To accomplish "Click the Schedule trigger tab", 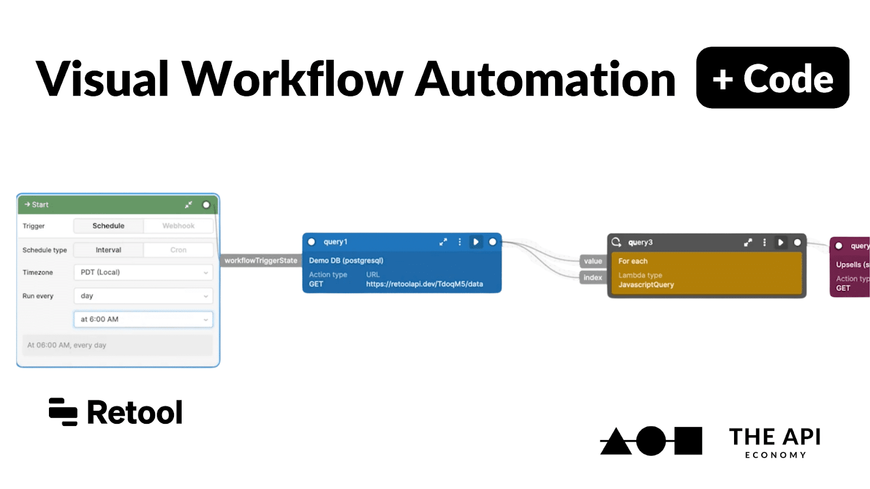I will coord(108,225).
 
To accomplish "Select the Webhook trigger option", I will coord(178,225).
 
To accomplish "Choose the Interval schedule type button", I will coord(108,250).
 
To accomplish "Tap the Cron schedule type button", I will coord(178,250).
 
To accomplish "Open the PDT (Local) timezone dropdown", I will coord(143,272).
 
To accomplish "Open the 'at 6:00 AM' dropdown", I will coord(143,319).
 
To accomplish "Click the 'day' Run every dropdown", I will coord(143,296).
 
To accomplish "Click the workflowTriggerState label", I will coord(261,261).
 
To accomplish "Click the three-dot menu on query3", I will coord(764,242).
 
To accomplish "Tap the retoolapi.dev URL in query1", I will coord(424,284).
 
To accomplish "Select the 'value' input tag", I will coord(593,261).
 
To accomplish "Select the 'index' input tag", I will coord(593,278).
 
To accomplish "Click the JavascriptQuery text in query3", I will coord(646,285).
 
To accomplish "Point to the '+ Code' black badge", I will coord(772,78).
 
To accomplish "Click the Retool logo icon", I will coord(63,412).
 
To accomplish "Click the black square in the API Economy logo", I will coord(688,441).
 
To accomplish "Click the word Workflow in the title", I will coord(292,79).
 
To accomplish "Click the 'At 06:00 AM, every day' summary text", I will coord(67,345).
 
